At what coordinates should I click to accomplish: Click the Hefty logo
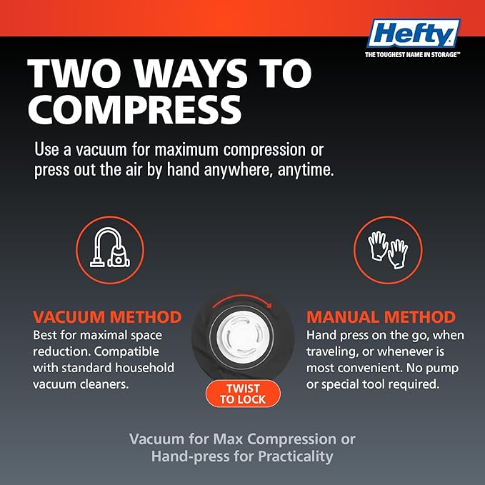[414, 33]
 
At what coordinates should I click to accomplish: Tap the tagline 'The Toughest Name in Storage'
[413, 55]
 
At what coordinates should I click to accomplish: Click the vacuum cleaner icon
[110, 247]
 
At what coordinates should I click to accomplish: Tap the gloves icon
[388, 249]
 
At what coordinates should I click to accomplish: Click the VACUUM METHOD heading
[107, 317]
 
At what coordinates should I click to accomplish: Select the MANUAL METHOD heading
[381, 317]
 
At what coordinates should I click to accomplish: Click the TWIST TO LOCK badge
[243, 394]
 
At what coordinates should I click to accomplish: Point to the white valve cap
[241, 336]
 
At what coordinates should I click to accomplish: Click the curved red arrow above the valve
[241, 297]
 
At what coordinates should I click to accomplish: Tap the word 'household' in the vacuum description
[144, 368]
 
